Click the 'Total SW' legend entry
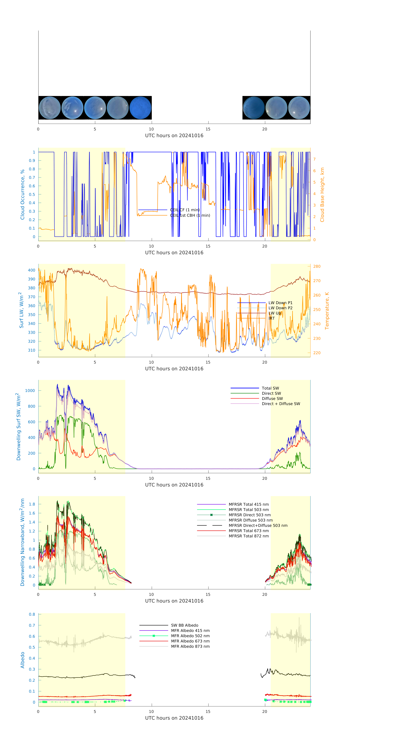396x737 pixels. click(270, 388)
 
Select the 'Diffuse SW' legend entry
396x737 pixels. click(272, 399)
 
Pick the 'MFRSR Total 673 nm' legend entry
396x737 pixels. click(249, 531)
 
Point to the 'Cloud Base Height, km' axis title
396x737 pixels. click(322, 195)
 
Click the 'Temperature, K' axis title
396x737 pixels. click(327, 311)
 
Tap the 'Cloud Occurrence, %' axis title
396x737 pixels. click(22, 195)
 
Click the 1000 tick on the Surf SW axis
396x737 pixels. click(30, 390)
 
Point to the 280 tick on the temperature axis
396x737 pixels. click(317, 266)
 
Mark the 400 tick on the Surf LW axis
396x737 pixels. click(31, 270)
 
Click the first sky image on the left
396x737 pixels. click(49, 108)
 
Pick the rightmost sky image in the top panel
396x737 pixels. click(299, 108)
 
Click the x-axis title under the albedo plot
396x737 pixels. click(174, 718)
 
